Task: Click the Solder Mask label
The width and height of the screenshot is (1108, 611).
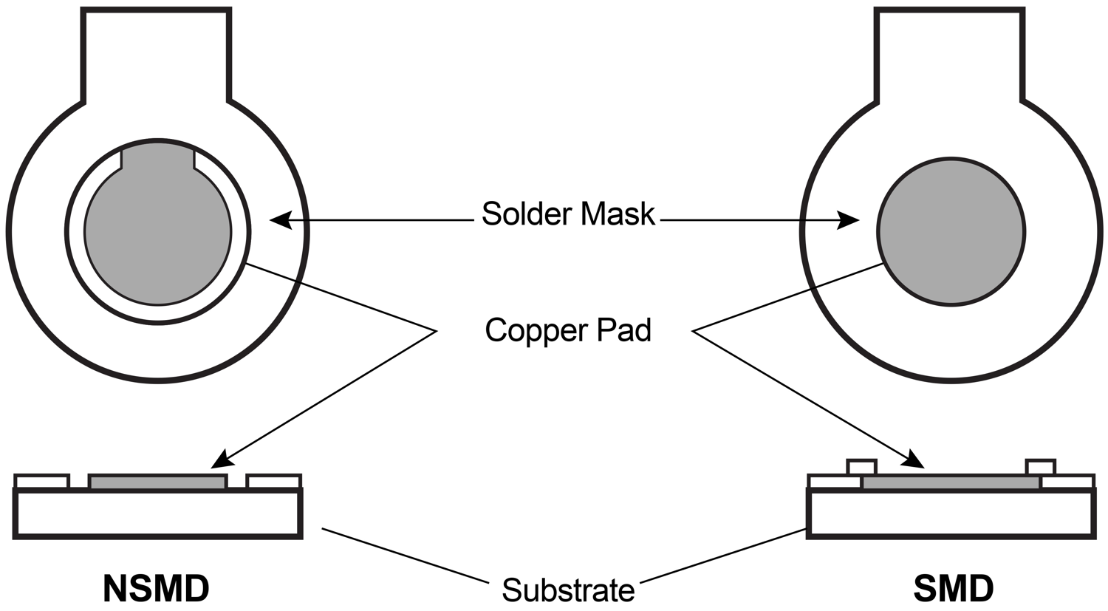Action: tap(568, 214)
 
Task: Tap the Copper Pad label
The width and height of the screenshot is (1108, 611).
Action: tap(568, 330)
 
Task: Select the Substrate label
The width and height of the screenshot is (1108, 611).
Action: tap(568, 590)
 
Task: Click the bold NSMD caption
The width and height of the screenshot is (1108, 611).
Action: tap(157, 589)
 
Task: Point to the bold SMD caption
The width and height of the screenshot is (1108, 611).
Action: tap(953, 589)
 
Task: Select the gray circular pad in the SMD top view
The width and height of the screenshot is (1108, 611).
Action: tap(951, 232)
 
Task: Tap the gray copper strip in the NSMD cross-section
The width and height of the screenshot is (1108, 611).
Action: tap(157, 482)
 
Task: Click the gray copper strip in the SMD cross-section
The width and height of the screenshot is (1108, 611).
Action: tap(951, 482)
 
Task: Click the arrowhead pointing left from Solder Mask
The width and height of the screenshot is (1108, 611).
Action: tap(279, 219)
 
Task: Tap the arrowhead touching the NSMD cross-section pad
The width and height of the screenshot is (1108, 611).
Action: tap(221, 460)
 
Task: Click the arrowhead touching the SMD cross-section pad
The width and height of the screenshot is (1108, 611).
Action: tap(914, 460)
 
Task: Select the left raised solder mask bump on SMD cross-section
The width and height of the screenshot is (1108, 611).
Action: tap(861, 467)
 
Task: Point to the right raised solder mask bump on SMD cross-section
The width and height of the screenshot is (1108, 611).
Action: tap(1041, 467)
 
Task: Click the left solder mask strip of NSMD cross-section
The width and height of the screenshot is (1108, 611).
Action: tap(41, 482)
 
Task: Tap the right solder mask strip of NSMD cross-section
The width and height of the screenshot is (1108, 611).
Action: tap(273, 482)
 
